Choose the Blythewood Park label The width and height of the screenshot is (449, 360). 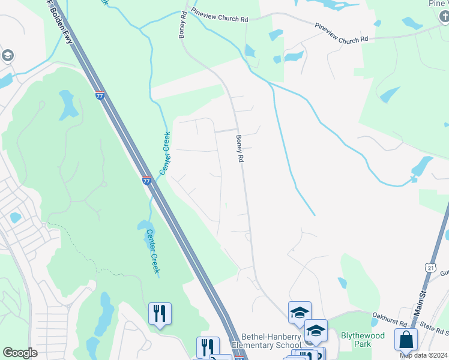(x=361, y=340)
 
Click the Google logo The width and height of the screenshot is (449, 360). (x=20, y=353)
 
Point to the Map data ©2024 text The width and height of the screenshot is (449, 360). (x=423, y=355)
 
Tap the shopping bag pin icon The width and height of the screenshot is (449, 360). (x=406, y=339)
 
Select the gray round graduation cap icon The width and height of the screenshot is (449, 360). (x=8, y=56)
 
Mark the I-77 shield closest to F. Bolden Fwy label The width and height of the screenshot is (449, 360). (x=100, y=95)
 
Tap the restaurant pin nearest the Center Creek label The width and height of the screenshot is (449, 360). (x=160, y=314)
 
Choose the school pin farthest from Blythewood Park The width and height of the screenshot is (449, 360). (x=300, y=312)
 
